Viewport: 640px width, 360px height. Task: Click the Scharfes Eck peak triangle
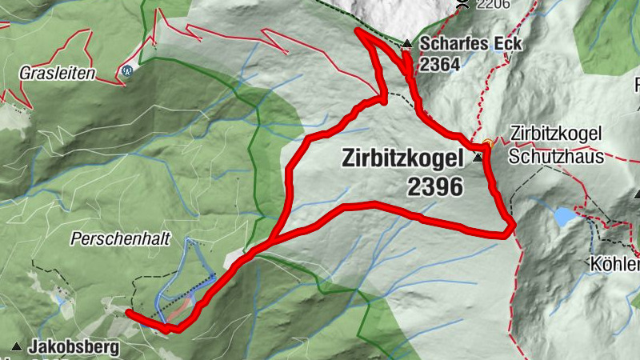(x=407, y=43)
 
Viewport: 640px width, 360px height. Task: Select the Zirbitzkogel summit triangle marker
(x=478, y=158)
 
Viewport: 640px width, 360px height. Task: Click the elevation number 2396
(x=434, y=187)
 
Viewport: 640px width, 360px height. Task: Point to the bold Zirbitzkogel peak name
(x=402, y=158)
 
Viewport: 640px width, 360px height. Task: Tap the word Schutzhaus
(x=556, y=157)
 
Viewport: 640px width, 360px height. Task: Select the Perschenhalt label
(x=110, y=238)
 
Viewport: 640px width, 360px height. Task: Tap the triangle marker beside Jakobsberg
(x=16, y=348)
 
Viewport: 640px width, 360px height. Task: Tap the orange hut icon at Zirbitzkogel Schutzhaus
(x=488, y=144)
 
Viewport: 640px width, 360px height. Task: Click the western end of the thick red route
(x=128, y=311)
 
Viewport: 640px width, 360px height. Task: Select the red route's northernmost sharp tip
(x=356, y=30)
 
